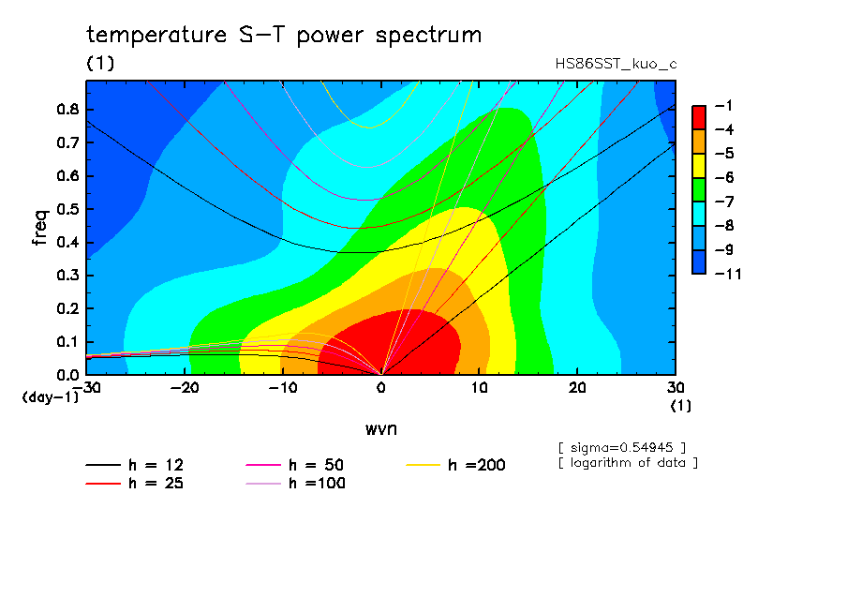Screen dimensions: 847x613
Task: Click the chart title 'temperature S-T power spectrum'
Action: [284, 36]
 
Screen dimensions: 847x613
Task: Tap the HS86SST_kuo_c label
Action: [616, 65]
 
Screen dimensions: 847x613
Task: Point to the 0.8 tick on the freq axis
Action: [68, 109]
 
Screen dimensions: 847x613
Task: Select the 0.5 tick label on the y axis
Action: [68, 209]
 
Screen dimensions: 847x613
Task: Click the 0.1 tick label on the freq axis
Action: [68, 342]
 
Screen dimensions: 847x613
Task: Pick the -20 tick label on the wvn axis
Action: [185, 388]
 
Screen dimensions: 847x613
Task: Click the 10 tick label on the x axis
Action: [479, 388]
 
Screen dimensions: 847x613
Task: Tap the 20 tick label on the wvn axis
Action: [577, 388]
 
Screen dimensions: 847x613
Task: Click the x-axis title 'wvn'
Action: [381, 429]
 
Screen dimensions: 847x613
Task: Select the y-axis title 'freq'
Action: [41, 228]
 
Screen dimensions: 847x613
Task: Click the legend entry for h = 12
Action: [135, 465]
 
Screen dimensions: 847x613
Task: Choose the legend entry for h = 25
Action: [135, 484]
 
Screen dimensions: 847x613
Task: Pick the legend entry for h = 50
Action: [295, 465]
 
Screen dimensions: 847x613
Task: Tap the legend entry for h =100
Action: [295, 484]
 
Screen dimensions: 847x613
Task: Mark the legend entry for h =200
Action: [456, 465]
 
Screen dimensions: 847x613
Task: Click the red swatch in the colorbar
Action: [699, 117]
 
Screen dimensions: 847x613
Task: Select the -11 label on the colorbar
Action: [728, 274]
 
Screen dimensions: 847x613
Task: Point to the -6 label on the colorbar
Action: [724, 178]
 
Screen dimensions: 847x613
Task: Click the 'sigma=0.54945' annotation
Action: [622, 448]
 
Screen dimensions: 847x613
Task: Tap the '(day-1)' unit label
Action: [51, 397]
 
